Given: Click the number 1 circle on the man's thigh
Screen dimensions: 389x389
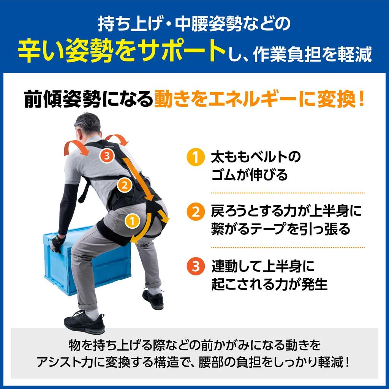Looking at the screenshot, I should (132, 221).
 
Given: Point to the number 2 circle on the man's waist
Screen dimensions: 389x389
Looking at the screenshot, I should (124, 185).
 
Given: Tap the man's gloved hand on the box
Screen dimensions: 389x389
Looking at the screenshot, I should (58, 243).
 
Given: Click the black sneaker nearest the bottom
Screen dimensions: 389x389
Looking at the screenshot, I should (84, 322).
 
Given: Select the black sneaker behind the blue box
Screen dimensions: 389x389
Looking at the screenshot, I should (153, 299).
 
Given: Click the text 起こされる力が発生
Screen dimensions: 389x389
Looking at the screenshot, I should (269, 284).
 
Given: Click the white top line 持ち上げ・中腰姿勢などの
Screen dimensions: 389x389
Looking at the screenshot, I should (194, 24).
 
